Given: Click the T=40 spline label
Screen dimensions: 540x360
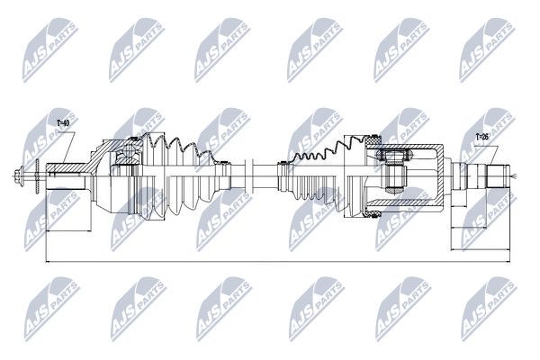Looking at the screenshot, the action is pyautogui.click(x=63, y=123).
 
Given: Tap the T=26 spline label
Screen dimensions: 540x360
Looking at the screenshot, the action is pyautogui.click(x=482, y=137).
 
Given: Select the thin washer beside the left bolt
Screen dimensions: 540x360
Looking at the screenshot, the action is pyautogui.click(x=37, y=176).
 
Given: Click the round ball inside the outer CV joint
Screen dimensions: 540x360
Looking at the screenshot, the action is pyautogui.click(x=130, y=151).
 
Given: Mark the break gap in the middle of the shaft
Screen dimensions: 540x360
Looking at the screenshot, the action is pyautogui.click(x=250, y=176).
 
